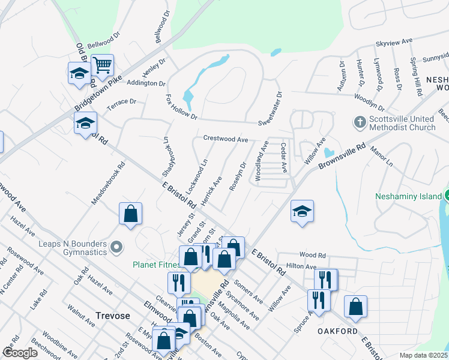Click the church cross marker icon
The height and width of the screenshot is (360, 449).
pyautogui.click(x=360, y=122)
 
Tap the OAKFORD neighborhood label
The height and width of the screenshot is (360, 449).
pyautogui.click(x=338, y=331)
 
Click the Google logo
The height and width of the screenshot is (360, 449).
pyautogui.click(x=20, y=352)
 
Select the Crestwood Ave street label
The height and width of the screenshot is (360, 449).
pyautogui.click(x=225, y=139)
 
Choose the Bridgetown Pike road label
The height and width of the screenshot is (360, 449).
pyautogui.click(x=98, y=94)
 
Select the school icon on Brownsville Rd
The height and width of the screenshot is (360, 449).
pyautogui.click(x=303, y=211)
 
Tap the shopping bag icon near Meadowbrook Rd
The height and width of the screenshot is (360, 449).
pyautogui.click(x=130, y=214)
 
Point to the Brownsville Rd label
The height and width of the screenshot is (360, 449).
pyautogui.click(x=342, y=155)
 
